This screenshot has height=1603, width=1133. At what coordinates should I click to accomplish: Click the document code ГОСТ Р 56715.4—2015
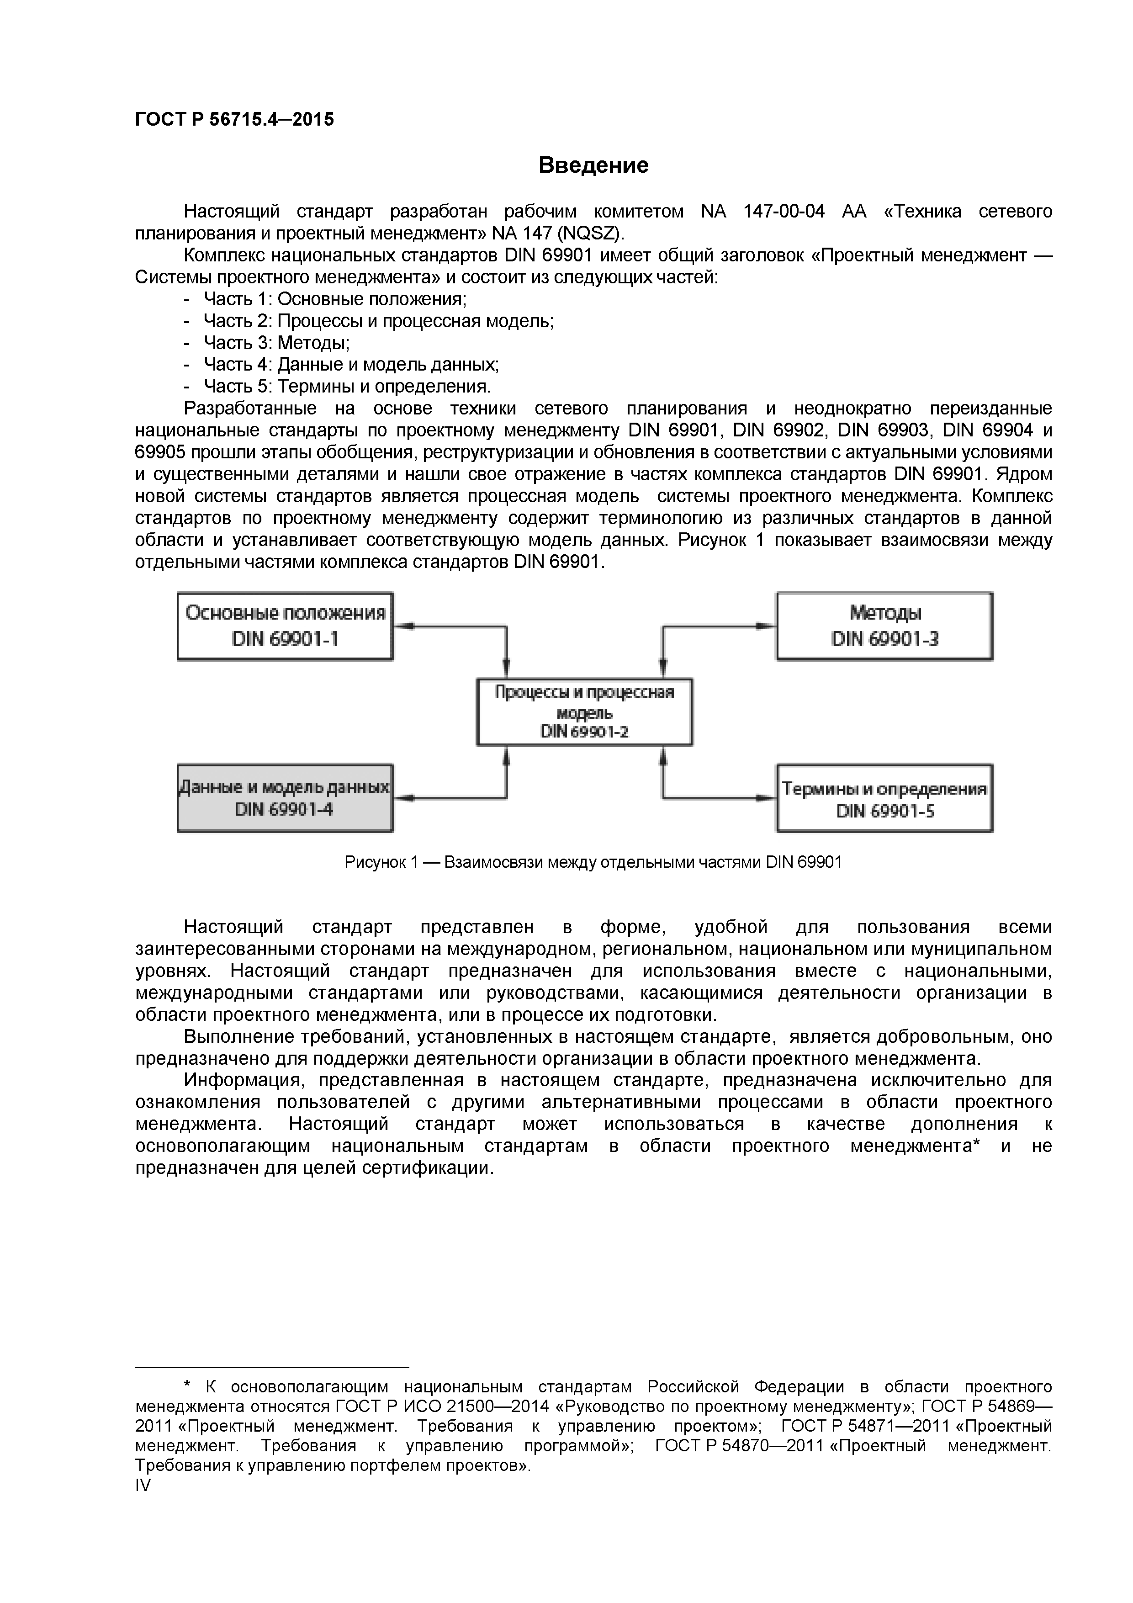234,119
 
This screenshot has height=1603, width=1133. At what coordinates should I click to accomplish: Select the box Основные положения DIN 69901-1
285,626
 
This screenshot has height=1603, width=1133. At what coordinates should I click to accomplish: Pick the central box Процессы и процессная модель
584,711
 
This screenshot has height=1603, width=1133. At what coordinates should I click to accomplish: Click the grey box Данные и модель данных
285,798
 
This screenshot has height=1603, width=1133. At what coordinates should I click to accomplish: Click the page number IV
143,1485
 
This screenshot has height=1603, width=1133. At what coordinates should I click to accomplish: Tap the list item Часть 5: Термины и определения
347,386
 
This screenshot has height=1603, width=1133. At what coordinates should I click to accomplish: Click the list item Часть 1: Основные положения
334,299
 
